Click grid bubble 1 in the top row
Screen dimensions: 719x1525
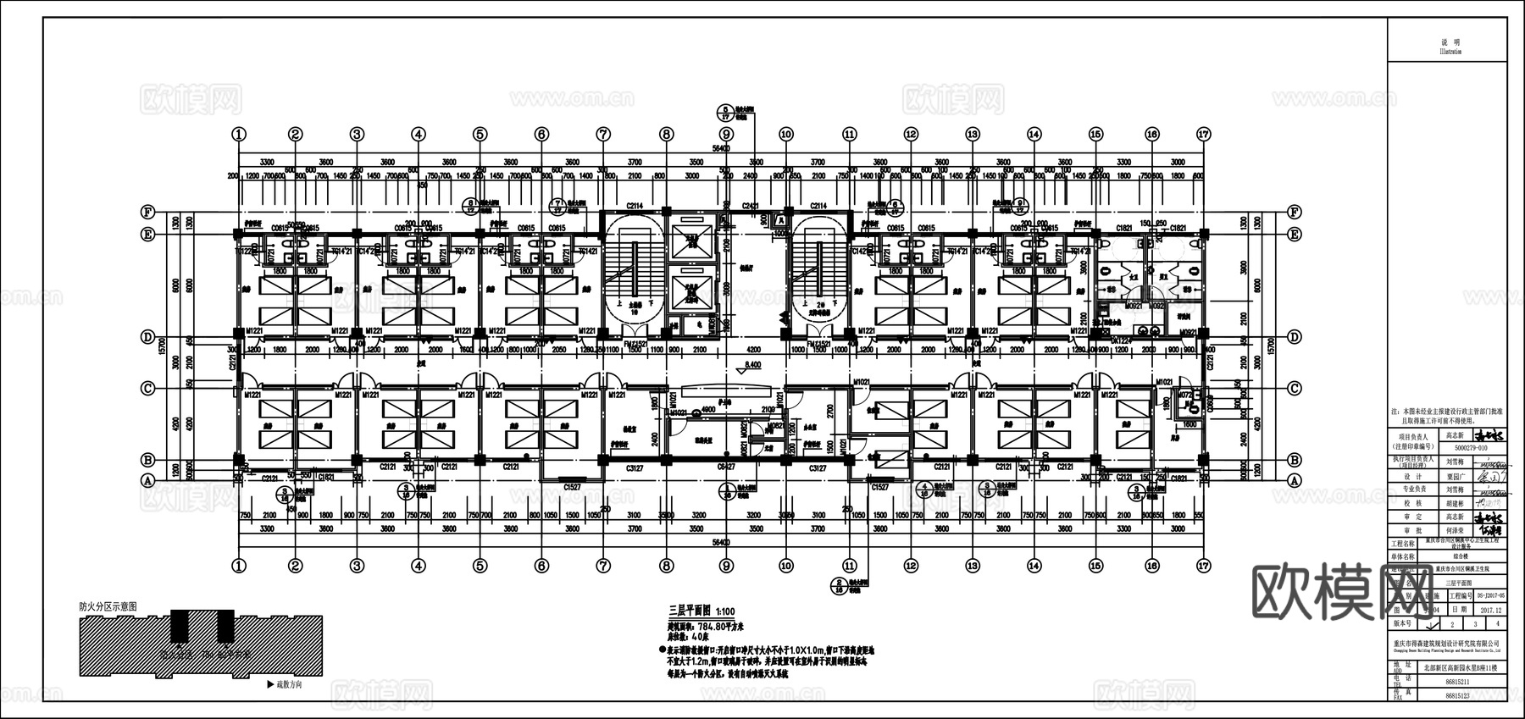tap(240, 134)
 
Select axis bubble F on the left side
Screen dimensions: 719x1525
tap(149, 212)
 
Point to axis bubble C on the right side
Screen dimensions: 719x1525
tap(1294, 389)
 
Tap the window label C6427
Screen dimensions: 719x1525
tap(726, 467)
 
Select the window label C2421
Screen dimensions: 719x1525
tap(750, 206)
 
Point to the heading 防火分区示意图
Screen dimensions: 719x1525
tap(108, 607)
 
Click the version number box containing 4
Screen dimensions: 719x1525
tap(1497, 623)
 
